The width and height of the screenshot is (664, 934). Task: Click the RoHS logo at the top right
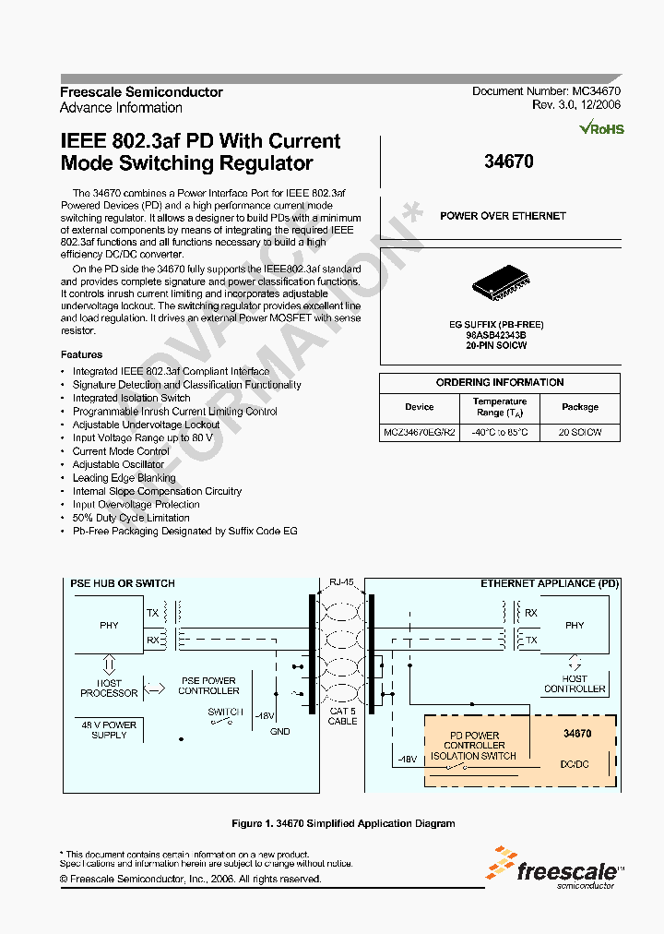point(601,129)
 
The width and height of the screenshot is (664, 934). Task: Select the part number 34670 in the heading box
point(508,162)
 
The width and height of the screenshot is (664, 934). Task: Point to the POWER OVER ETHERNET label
point(503,216)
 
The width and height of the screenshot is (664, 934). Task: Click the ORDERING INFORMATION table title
point(500,382)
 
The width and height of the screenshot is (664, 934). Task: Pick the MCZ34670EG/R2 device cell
point(420,432)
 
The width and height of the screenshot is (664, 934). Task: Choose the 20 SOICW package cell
point(580,432)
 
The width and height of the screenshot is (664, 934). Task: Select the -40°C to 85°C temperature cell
point(500,432)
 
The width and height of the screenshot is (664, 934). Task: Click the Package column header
point(580,407)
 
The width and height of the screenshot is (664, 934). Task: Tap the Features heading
point(81,354)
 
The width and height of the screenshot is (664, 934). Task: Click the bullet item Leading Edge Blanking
point(125,478)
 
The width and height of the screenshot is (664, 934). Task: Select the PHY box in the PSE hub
point(109,625)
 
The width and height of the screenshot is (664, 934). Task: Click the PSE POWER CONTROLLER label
point(208,686)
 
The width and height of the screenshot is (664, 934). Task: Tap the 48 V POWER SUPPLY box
point(109,729)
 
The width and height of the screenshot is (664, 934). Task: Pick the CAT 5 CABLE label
point(342,716)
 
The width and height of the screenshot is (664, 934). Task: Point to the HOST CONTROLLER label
point(575,684)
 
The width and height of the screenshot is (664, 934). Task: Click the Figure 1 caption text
point(343,823)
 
